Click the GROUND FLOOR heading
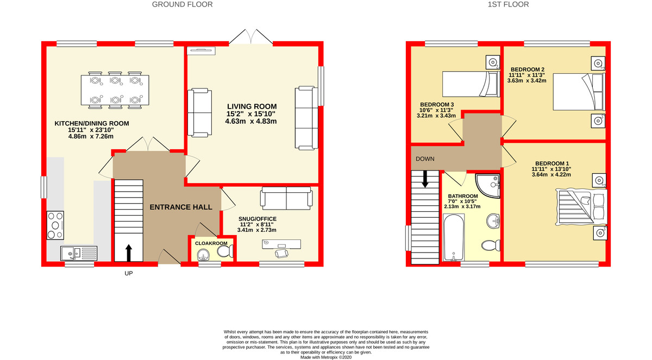[x=182, y=4]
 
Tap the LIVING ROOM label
[x=252, y=106]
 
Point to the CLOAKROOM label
[x=211, y=243]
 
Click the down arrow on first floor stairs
[x=425, y=179]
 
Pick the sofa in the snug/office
[x=286, y=199]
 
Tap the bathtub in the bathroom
[x=453, y=238]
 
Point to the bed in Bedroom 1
[x=580, y=207]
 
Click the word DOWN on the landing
[x=425, y=160]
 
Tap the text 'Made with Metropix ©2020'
[x=326, y=357]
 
